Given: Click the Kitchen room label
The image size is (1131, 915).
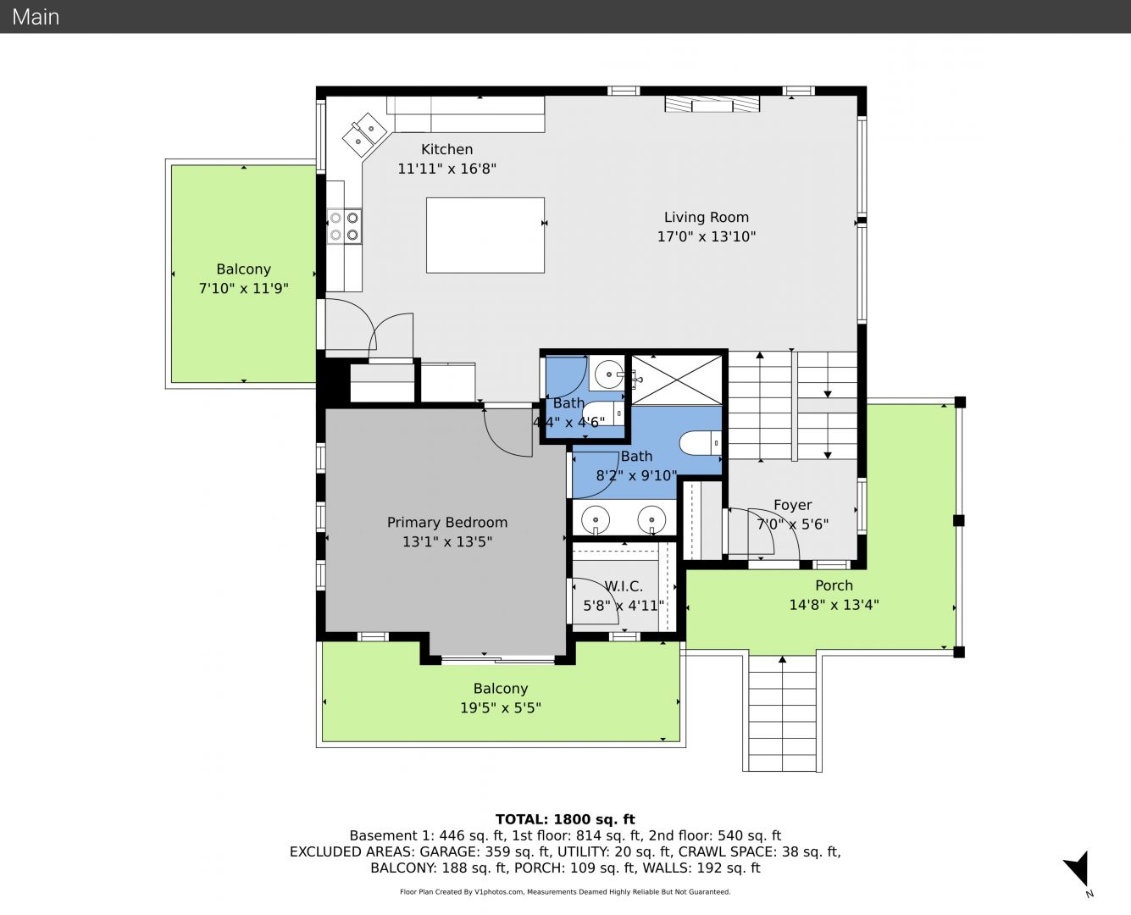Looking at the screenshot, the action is [x=446, y=149].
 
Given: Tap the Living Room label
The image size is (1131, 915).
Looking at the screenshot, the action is [x=707, y=217].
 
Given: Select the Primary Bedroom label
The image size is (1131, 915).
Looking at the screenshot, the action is [x=447, y=523].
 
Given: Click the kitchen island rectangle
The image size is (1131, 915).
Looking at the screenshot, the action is [x=485, y=236].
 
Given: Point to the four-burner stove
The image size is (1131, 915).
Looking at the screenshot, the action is [x=344, y=226].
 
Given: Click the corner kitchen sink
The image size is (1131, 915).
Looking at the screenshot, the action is [x=364, y=135].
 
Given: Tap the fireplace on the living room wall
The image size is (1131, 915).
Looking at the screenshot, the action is [x=712, y=104].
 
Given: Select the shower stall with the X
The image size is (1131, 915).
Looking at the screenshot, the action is [x=676, y=380].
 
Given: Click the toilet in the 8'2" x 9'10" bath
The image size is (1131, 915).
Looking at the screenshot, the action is [x=701, y=443].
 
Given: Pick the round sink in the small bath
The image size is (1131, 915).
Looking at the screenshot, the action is [x=609, y=374].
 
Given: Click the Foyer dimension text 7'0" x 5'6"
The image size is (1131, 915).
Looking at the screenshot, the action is [x=792, y=524].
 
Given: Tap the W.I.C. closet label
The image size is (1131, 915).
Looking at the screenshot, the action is [x=624, y=586].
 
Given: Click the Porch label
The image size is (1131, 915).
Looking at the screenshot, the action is [x=834, y=585].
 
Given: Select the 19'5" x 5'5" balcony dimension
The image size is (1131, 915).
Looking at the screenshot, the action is [x=500, y=707].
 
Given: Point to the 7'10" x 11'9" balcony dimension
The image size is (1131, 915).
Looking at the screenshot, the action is [x=243, y=288].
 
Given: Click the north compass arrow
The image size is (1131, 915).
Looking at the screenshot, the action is [x=1078, y=868].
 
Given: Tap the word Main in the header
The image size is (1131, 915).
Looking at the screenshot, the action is [x=36, y=17].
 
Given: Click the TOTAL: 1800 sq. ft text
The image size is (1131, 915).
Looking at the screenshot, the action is [x=565, y=819].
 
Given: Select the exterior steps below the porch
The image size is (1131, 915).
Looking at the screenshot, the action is [x=782, y=713].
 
